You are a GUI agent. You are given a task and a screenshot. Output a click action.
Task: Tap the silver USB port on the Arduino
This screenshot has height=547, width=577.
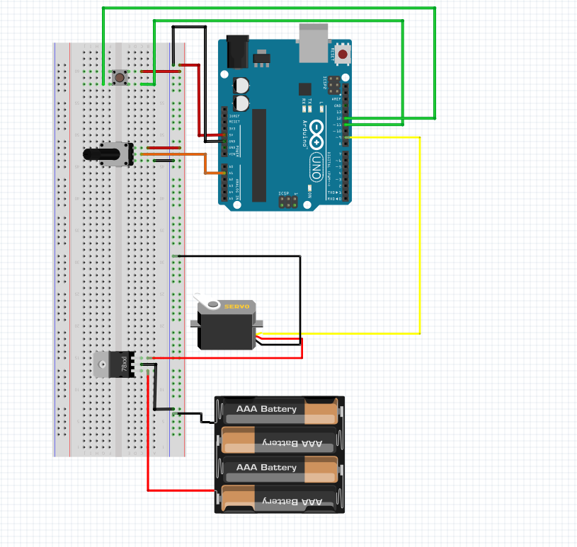pyautogui.click(x=314, y=41)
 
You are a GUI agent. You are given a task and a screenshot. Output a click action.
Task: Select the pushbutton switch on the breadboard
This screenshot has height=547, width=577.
pyautogui.click(x=120, y=76)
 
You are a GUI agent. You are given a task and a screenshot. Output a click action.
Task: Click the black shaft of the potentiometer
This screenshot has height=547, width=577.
pyautogui.click(x=93, y=154)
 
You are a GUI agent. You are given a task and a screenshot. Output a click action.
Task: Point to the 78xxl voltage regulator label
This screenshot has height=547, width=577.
pyautogui.click(x=125, y=364)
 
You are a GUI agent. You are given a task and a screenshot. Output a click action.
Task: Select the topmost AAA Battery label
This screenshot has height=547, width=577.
pyautogui.click(x=266, y=409)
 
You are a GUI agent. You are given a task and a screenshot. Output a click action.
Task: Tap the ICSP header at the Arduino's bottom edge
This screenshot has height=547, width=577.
pyautogui.click(x=288, y=202)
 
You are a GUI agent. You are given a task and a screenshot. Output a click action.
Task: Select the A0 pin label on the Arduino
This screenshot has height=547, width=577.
pyautogui.click(x=231, y=167)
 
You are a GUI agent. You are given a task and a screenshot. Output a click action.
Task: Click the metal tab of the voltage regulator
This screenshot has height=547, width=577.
pyautogui.click(x=103, y=364)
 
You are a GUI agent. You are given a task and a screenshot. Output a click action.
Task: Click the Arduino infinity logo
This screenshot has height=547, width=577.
pyautogui.click(x=316, y=134)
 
